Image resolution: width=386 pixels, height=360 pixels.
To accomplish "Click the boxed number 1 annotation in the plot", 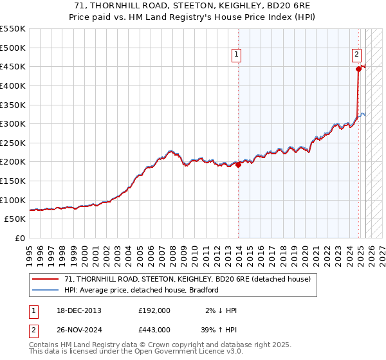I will tap(237, 55).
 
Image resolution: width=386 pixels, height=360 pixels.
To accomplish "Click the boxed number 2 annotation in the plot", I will tap(356, 55).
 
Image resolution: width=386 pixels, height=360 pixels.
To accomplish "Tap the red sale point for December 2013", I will tap(239, 165).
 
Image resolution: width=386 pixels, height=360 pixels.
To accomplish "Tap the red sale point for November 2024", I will tap(358, 69).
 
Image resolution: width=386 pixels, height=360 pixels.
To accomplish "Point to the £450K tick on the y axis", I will tap(14, 66).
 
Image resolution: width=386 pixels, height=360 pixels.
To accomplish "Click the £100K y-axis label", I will tap(14, 200).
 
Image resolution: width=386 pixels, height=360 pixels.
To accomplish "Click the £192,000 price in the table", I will tap(154, 310).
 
